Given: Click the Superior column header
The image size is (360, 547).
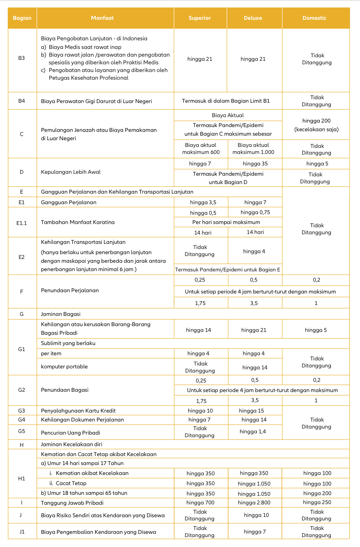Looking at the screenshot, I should coord(200,18).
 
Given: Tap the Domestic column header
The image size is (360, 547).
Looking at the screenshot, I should coord(314,18).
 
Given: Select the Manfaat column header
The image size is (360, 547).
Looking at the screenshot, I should coord(102,18).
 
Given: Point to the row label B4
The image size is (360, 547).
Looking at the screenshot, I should coord(21,101).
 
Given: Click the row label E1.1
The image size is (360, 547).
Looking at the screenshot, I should coord(21,223).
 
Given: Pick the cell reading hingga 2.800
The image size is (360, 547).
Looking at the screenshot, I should coord(254,503).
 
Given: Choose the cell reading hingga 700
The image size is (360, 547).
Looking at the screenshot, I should coord(200,503).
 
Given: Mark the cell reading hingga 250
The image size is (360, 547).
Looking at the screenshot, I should coord(317,502).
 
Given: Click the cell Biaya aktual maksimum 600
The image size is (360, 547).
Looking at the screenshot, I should coord(201,149).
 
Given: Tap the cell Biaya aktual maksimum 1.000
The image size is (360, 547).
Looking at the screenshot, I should coord(253,149).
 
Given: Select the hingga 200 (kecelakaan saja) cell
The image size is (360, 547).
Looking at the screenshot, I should coord(316,125).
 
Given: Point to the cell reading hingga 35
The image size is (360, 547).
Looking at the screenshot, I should coord(255,164).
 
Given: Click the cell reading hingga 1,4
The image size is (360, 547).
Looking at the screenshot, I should coord(252,431).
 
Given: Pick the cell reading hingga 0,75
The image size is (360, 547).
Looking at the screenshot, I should coord(255,212).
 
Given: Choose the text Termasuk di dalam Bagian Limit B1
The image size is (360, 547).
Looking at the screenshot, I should coord(226,101).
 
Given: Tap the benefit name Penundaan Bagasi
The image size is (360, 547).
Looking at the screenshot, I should coord(65,390).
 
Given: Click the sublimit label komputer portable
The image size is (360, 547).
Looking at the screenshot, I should coord(64,366).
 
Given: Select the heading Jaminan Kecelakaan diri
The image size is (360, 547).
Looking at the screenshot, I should coord(71,444).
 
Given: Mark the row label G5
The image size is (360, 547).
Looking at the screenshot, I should coord(21,431).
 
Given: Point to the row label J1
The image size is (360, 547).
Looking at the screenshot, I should coord(21,532).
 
